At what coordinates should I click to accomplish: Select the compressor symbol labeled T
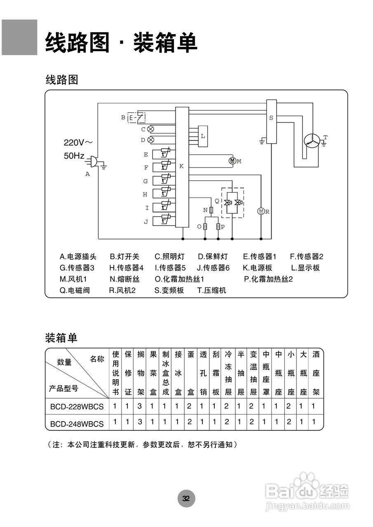312,141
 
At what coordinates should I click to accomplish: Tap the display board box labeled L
203,136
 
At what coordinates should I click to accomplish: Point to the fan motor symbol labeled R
260,211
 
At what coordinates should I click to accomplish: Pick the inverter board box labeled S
271,121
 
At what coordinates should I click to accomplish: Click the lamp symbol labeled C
150,129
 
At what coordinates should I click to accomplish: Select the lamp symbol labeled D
150,140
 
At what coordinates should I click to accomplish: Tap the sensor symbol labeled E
165,154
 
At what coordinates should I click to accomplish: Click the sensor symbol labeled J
165,221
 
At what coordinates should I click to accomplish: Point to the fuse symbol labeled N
211,210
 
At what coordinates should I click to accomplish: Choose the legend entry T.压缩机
212,290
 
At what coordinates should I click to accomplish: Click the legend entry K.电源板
258,268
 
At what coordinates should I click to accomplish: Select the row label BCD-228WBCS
77,407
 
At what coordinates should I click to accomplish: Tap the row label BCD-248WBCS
77,423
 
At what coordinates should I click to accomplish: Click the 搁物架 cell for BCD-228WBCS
140,406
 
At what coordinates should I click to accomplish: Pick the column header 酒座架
316,373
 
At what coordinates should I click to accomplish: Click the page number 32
186,499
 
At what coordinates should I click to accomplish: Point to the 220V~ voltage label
78,142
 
